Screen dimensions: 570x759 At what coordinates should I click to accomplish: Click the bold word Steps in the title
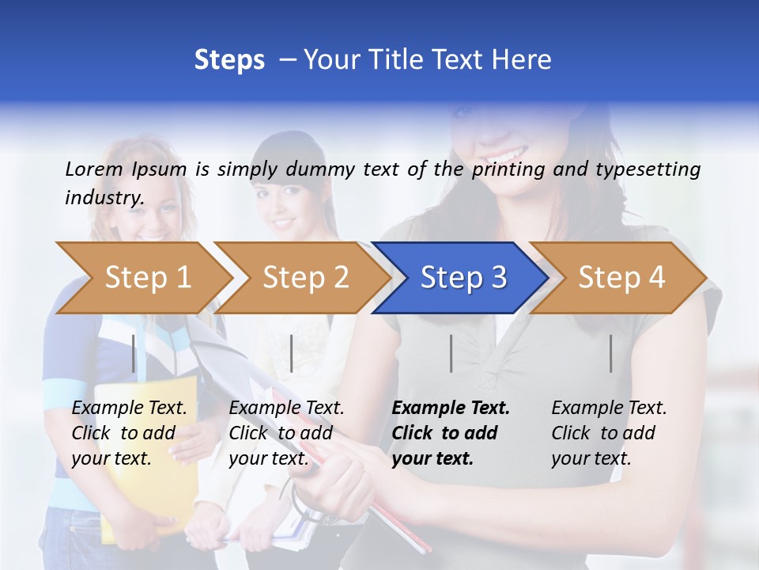229,60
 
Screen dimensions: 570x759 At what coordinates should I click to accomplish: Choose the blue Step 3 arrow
463,278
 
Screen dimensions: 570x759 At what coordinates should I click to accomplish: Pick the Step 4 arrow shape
621,278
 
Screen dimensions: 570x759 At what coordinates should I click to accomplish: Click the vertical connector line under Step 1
134,353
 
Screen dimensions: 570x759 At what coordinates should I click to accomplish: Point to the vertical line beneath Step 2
292,353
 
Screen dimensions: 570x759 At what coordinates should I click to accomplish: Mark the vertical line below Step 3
451,353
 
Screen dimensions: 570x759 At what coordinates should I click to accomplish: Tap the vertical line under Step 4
610,353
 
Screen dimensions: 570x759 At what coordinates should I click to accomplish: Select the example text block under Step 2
287,433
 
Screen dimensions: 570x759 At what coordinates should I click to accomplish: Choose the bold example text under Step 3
451,433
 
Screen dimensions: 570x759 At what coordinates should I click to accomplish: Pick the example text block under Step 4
609,433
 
